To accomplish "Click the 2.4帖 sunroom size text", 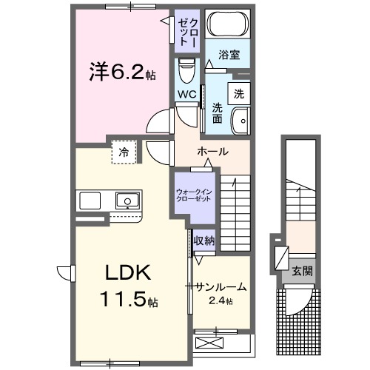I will [220, 301].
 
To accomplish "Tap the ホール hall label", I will [212, 152].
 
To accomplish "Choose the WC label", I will [186, 95].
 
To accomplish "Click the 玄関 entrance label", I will [302, 271].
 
